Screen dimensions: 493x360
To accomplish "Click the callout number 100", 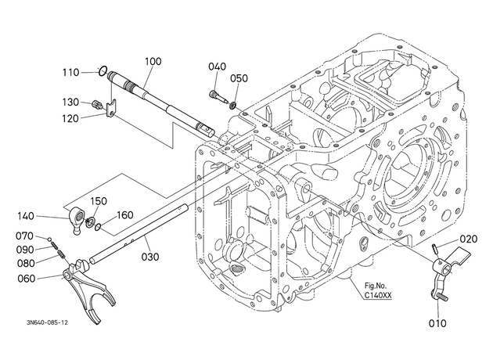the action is click(153, 61).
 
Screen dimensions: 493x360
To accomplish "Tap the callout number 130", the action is click(70, 103).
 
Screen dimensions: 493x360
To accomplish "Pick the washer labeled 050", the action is click(233, 106).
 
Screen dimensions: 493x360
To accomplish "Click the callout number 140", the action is click(26, 216).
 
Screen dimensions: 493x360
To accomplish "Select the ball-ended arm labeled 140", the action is click(76, 221).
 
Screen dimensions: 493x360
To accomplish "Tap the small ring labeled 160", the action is click(99, 227).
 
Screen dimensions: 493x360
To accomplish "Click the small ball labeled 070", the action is click(49, 239).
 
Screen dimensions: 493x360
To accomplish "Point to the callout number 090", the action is click(25, 250).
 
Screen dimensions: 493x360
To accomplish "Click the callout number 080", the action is click(26, 264).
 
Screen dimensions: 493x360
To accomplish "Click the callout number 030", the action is click(150, 257).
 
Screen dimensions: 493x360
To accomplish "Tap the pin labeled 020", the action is click(434, 248).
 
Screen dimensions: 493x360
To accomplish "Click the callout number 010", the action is click(437, 323).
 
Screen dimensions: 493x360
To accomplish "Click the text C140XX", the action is click(378, 296).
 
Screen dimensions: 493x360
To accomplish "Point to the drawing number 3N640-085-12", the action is click(47, 322).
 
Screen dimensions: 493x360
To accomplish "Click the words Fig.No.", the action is click(376, 286).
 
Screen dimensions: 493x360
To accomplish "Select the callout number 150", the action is click(99, 201).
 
